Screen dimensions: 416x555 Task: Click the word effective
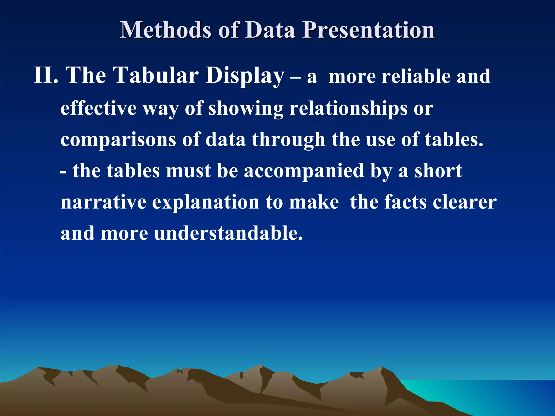[98, 108]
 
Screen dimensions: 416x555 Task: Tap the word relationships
[348, 108]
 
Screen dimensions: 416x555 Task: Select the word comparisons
[118, 140]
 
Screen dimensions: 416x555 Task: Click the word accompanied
[304, 171]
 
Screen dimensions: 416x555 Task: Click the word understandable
[228, 233]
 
